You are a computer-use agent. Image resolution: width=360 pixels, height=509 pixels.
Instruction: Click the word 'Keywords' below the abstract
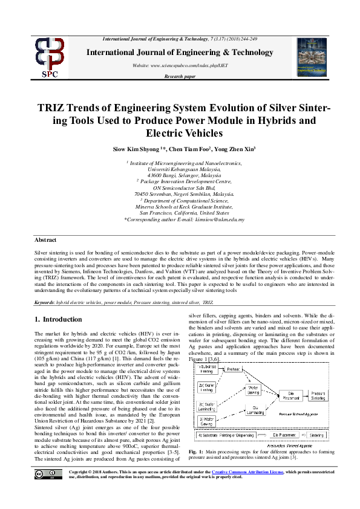pos(44,300)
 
